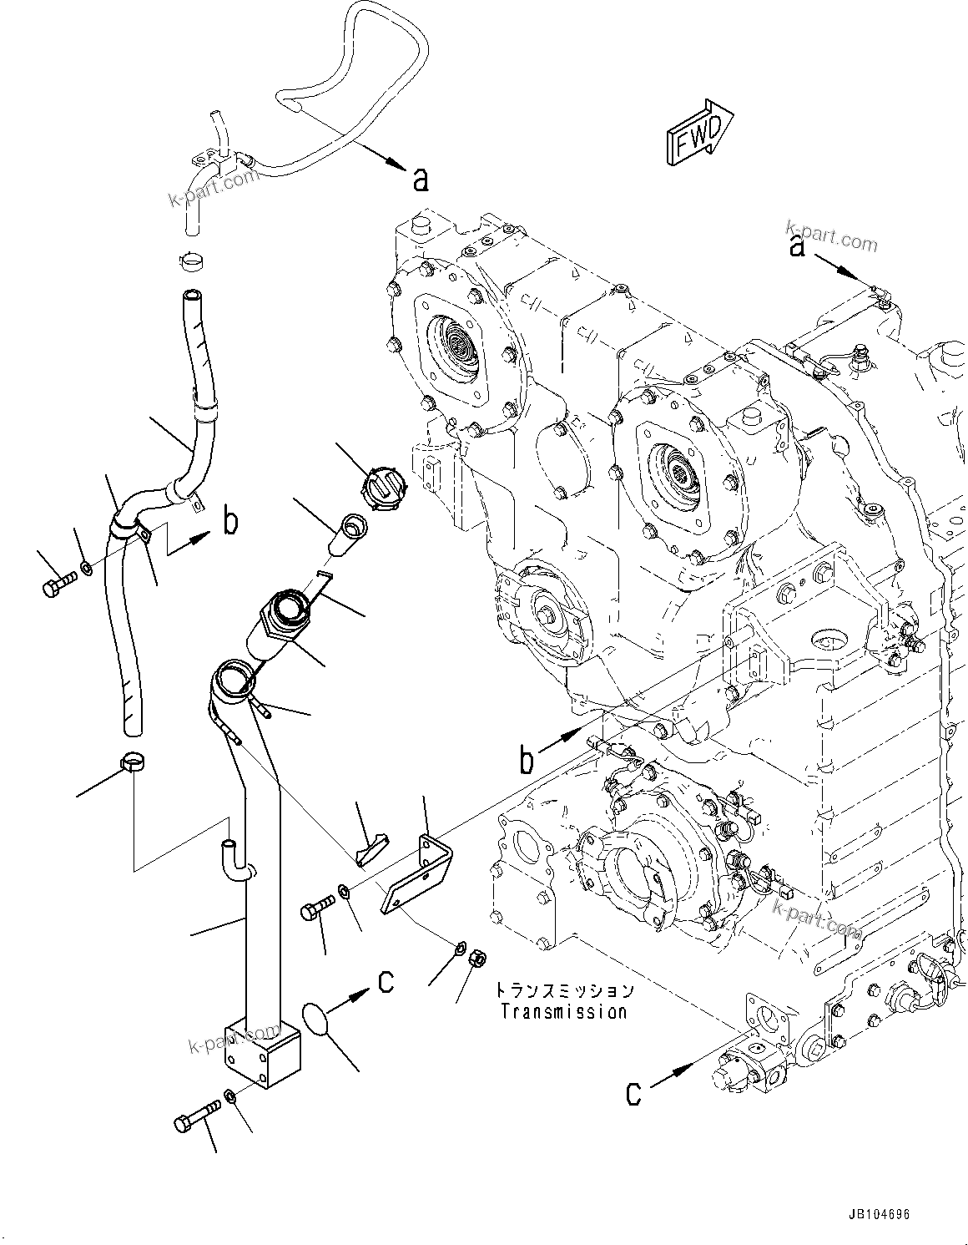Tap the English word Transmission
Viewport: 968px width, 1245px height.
coord(563,1011)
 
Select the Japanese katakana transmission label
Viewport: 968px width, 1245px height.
coord(564,991)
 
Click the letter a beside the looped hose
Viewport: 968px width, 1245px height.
coord(421,178)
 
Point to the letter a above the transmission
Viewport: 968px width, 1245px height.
coord(798,246)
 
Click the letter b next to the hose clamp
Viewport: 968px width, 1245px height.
coord(230,523)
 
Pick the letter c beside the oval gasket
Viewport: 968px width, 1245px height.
coord(386,982)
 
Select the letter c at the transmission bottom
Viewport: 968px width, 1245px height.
coord(634,1093)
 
